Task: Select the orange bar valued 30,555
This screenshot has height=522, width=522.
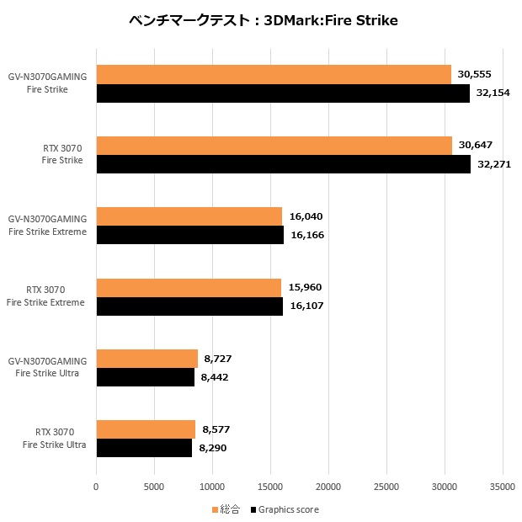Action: pyautogui.click(x=274, y=75)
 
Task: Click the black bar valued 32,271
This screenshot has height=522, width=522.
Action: pyautogui.click(x=284, y=164)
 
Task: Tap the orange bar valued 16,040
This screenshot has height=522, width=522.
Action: pyautogui.click(x=189, y=216)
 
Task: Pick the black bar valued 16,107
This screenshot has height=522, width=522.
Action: pyautogui.click(x=189, y=306)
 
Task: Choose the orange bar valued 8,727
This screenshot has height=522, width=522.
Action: pyautogui.click(x=147, y=359)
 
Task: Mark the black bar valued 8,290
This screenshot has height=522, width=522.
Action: pyautogui.click(x=144, y=448)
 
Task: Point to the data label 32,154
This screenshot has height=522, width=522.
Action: pyautogui.click(x=494, y=93)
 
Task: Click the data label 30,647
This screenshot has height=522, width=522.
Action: pyautogui.click(x=477, y=146)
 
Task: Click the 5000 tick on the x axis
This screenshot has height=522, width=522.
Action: pyautogui.click(x=154, y=486)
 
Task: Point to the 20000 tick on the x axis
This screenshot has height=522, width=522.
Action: pyautogui.click(x=328, y=486)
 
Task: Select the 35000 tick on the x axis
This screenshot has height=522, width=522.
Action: pyautogui.click(x=503, y=486)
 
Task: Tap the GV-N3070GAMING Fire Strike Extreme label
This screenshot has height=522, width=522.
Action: pyautogui.click(x=48, y=226)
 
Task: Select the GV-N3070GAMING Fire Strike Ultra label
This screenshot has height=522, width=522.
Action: pyautogui.click(x=48, y=368)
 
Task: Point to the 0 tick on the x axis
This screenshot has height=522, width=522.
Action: pyautogui.click(x=97, y=486)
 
